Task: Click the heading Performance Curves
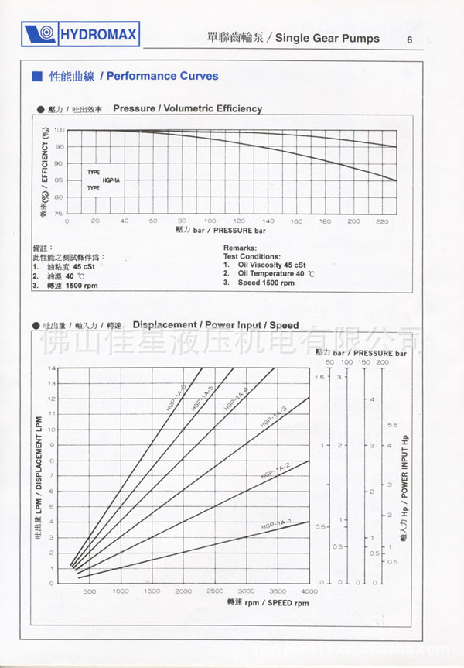click(x=162, y=76)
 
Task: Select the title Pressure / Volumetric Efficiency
click(x=187, y=108)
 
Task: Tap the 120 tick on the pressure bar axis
click(x=239, y=221)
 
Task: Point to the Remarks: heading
click(x=239, y=248)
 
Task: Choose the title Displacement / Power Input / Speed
click(x=216, y=325)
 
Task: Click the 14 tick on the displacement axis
click(x=53, y=368)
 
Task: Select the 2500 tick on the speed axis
click(x=215, y=591)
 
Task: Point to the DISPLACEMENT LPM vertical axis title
click(x=39, y=476)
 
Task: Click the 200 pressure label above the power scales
click(x=383, y=362)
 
